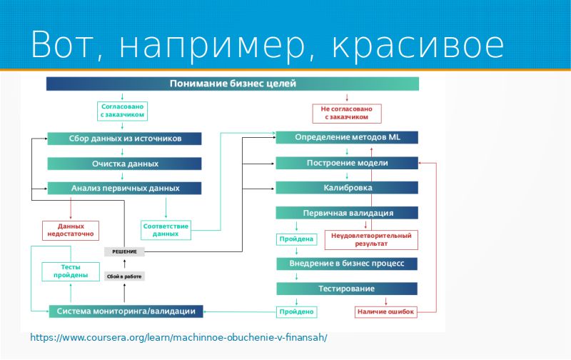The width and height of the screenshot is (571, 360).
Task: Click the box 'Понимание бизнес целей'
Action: pos(233,84)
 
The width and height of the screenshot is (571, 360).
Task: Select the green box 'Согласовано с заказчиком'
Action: pos(122,110)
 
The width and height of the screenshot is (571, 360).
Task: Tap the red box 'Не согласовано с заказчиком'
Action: pos(347,114)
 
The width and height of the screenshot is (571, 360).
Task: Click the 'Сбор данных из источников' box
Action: pos(125,139)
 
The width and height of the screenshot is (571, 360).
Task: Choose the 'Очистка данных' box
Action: pos(125,164)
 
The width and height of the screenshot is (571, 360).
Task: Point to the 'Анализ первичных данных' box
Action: pos(125,189)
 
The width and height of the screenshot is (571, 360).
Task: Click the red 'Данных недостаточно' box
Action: pos(71,230)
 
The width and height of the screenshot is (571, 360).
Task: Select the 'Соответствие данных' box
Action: pos(166,230)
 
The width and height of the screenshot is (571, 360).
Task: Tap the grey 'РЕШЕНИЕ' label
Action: pos(125,251)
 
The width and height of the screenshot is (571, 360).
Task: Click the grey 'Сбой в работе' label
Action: pos(125,276)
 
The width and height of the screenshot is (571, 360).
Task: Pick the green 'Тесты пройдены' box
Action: pos(71,271)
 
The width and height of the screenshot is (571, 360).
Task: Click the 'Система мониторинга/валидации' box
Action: pos(126,311)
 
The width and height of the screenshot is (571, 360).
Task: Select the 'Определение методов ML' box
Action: pos(347,137)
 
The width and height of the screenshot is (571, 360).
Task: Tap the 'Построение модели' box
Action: pos(347,164)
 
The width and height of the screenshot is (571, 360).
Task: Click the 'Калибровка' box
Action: pos(347,188)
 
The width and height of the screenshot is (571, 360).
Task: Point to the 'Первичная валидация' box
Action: pos(347,213)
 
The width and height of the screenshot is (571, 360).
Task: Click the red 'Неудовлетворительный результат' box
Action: pos(371,239)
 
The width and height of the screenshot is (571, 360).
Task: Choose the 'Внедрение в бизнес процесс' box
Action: pos(347,264)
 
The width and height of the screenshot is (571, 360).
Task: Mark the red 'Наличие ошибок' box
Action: pos(385,312)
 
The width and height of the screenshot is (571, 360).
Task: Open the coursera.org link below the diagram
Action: pos(178,337)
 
